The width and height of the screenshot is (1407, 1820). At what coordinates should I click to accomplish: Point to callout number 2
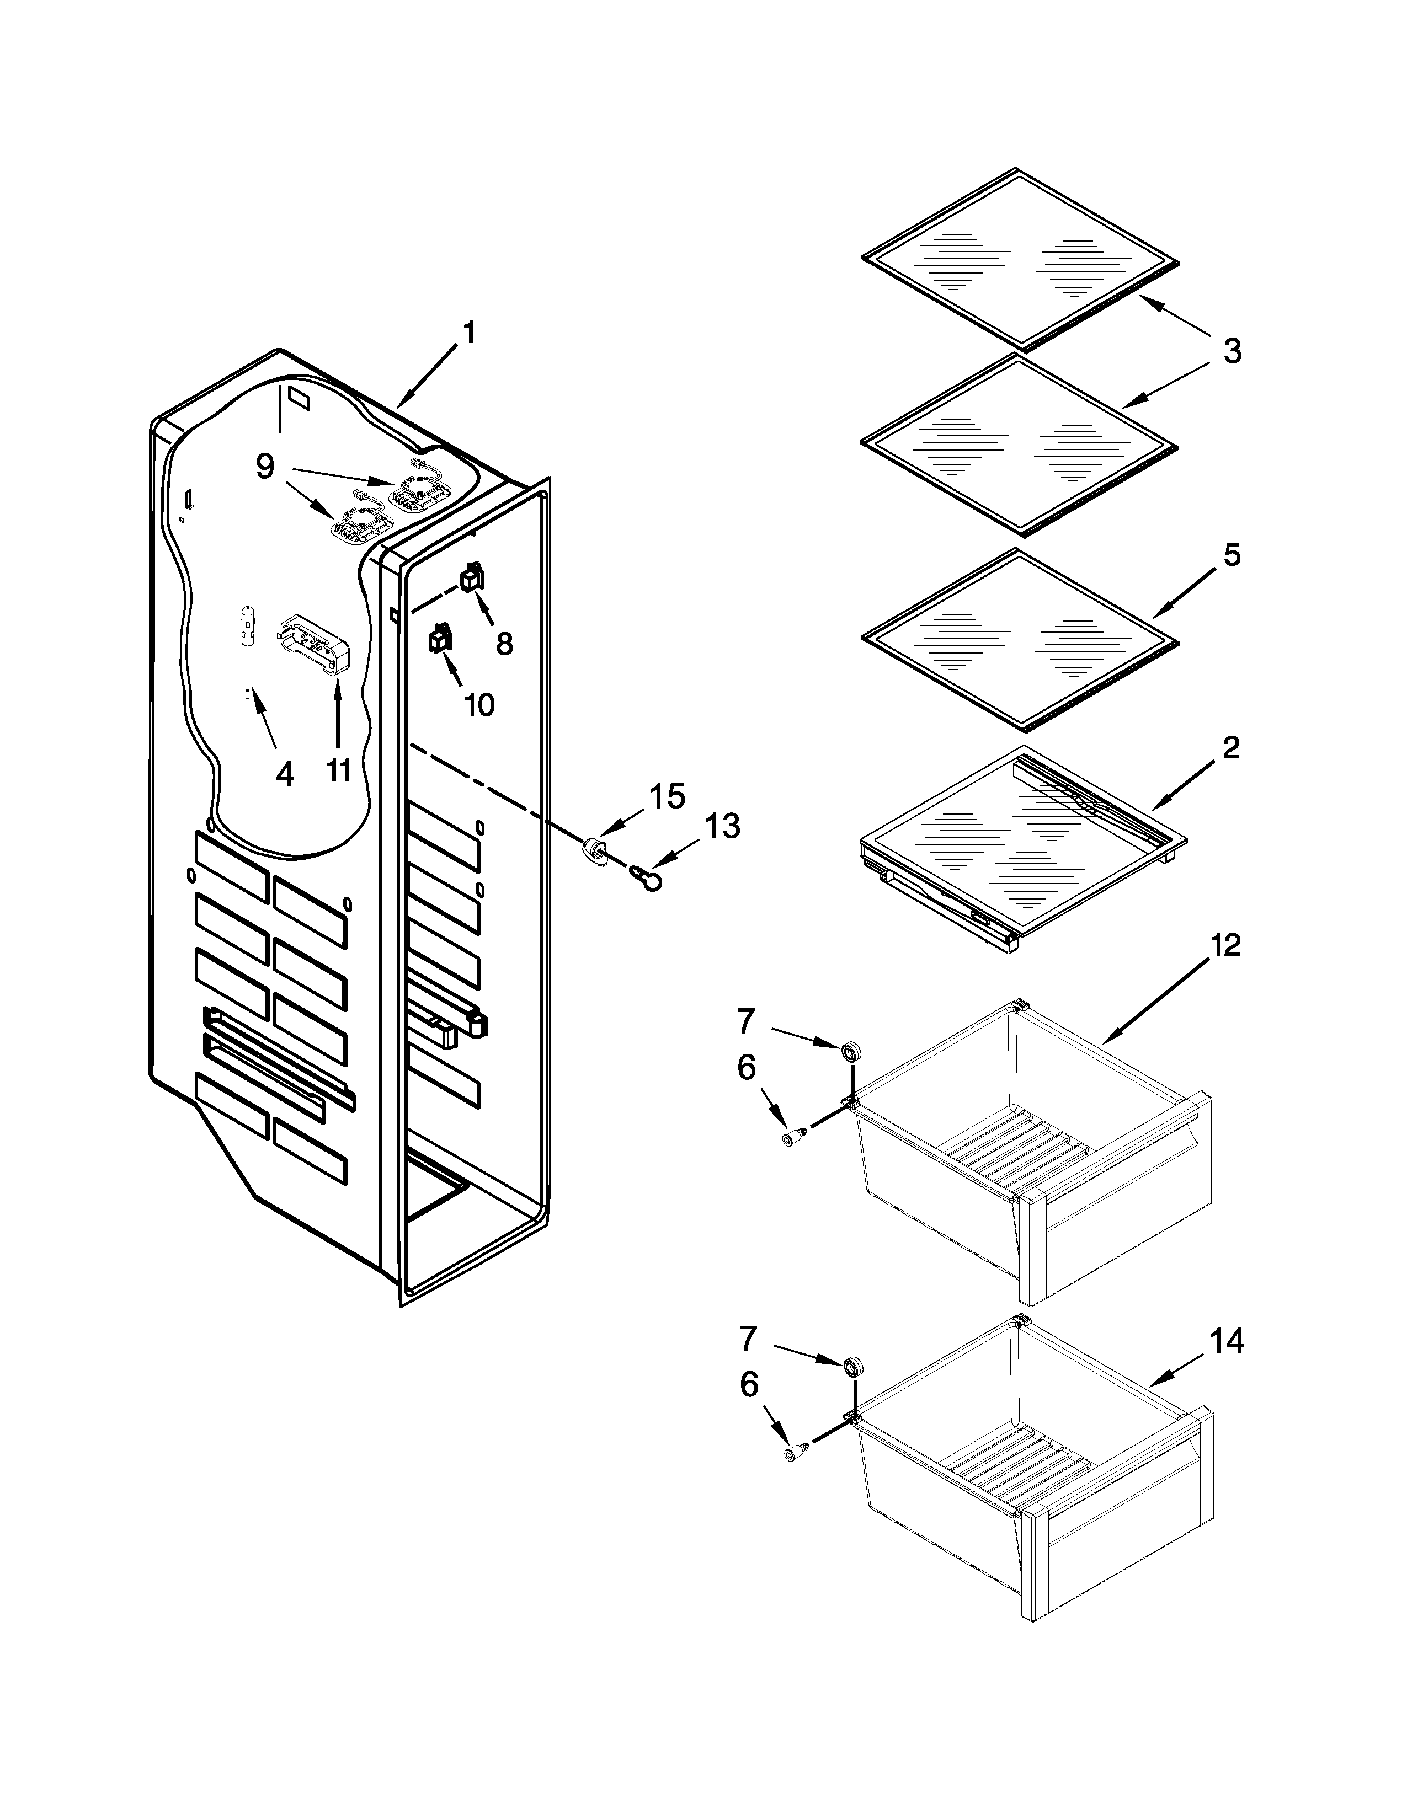point(1230,747)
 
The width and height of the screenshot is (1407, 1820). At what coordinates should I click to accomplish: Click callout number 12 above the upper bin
point(1225,944)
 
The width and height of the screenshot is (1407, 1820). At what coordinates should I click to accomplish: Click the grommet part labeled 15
point(594,851)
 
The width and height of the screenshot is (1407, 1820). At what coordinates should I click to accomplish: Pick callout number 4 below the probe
point(284,774)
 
